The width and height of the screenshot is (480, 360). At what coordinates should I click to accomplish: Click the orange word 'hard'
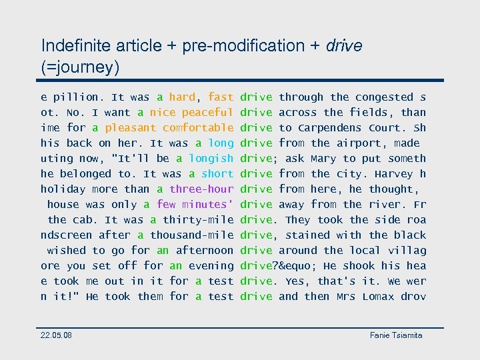182,97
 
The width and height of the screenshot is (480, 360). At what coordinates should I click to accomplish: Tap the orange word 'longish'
211,159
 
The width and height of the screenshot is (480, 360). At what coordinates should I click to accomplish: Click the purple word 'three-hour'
201,189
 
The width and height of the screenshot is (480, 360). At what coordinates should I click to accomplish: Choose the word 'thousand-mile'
192,235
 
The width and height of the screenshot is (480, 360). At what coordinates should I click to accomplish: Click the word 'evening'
211,266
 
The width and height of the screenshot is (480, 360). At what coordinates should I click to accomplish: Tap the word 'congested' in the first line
384,97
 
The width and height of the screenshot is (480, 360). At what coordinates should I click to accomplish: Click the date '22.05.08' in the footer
57,335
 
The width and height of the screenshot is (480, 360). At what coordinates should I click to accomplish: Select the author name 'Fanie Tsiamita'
396,335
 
